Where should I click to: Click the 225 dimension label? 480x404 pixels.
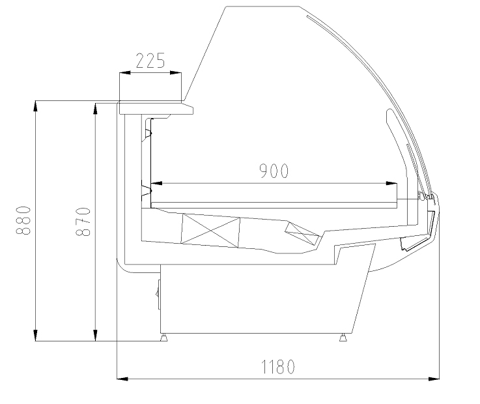point(150,61)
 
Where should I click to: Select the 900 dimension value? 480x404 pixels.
point(274,171)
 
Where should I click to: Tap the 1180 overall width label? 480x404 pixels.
point(278,367)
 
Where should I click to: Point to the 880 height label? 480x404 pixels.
point(23,220)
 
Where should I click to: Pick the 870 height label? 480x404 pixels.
point(83,222)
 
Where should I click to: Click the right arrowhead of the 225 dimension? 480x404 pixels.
point(175,73)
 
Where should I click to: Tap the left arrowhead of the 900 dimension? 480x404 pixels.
point(156,183)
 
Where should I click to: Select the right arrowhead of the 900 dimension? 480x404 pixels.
point(391,183)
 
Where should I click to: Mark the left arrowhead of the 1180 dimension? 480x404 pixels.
point(122,379)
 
